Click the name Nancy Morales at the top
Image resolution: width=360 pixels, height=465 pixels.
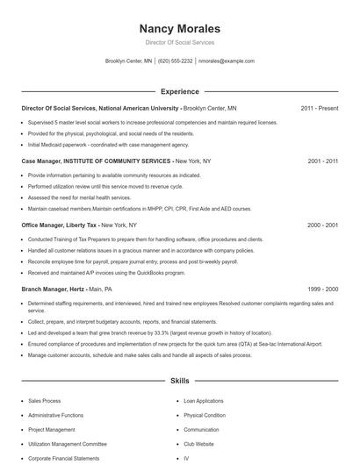tap(179, 29)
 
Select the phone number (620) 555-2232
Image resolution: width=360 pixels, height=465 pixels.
tap(176, 61)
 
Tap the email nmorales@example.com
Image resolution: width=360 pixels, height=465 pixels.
tap(227, 61)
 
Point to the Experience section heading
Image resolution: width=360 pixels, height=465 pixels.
tap(179, 91)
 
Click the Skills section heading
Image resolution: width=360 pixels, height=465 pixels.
tap(179, 382)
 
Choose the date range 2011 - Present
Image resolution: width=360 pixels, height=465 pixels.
tap(319, 108)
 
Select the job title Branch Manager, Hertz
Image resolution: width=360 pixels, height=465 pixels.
tap(53, 289)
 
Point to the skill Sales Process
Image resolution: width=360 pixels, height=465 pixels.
tap(45, 401)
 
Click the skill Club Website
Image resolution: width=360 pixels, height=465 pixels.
tap(200, 444)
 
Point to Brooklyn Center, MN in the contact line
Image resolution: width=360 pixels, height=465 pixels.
tap(128, 61)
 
